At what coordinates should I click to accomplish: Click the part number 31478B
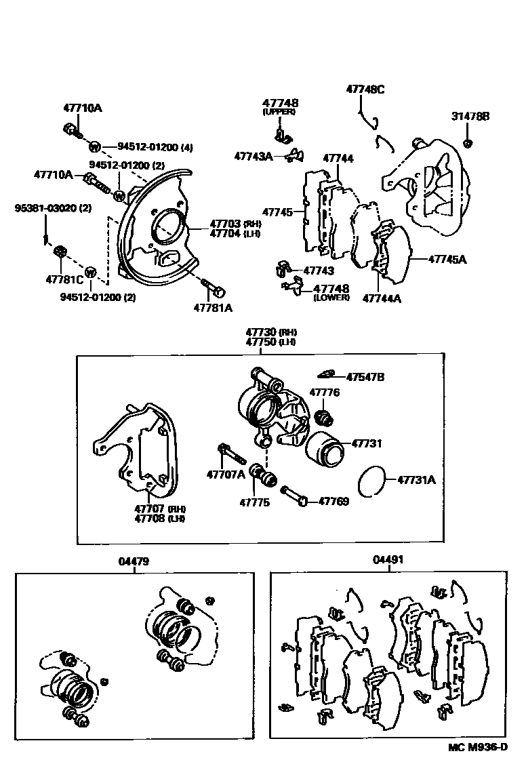point(470,117)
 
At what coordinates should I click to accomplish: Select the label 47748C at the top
point(365,89)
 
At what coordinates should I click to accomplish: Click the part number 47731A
point(416,480)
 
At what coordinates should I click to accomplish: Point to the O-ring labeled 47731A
point(371,481)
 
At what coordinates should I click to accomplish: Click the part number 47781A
point(212,307)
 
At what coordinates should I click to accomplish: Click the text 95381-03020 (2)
point(53,208)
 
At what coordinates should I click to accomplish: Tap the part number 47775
point(254,502)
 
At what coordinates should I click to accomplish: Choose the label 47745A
point(449,258)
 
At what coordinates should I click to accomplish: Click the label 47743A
point(254,155)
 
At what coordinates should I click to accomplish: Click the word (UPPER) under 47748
point(280,111)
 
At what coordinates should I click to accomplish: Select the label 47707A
point(226,474)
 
